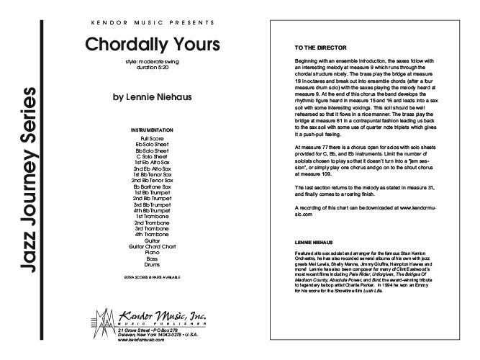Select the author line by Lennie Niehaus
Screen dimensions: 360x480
pyautogui.click(x=151, y=94)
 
